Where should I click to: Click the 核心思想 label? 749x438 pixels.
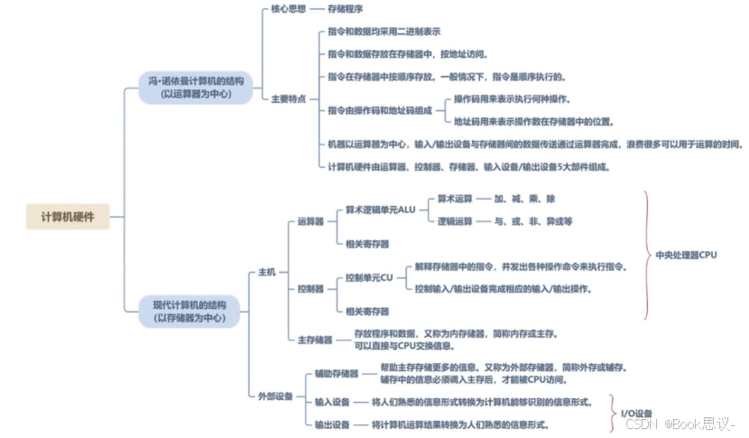tap(288, 8)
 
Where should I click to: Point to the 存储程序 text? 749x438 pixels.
tap(346, 8)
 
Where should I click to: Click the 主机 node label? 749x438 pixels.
tap(267, 272)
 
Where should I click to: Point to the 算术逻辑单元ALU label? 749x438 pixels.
tap(378, 210)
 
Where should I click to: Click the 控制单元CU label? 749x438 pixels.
tap(370, 278)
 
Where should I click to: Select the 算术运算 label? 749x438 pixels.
tap(455, 198)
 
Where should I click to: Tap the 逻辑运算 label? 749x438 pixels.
tap(455, 221)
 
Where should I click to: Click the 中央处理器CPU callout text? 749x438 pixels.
tap(686, 255)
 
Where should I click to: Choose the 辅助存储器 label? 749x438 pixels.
tap(336, 373)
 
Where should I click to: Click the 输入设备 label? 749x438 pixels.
tap(332, 401)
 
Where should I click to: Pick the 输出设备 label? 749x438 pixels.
tap(332, 424)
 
